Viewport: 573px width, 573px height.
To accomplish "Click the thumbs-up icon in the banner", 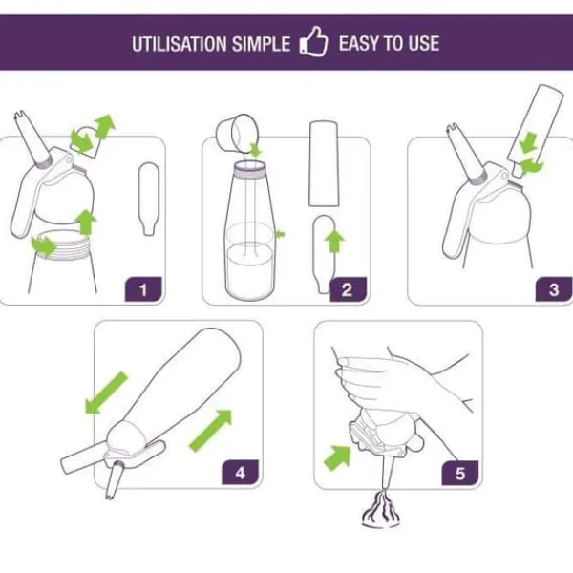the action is click(x=313, y=42).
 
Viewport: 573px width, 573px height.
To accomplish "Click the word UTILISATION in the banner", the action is click(x=180, y=44).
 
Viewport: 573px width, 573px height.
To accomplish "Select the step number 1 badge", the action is click(x=143, y=289).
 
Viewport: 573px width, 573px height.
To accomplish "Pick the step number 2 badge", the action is click(x=348, y=289).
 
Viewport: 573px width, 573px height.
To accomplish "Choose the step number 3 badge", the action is click(x=554, y=289).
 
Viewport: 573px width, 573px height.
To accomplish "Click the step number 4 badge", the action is click(x=240, y=473).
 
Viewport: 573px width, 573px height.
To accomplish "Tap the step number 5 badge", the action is click(x=460, y=474).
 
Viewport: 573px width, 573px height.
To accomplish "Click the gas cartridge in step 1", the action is click(x=149, y=199).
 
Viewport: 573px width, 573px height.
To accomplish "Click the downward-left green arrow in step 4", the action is click(x=105, y=393).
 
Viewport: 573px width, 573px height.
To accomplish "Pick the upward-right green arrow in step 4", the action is click(x=211, y=430).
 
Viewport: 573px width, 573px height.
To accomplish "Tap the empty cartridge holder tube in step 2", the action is click(x=324, y=163).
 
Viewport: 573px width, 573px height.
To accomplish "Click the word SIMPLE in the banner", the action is click(x=261, y=44).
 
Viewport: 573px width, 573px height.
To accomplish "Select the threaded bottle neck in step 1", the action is click(x=61, y=245).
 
